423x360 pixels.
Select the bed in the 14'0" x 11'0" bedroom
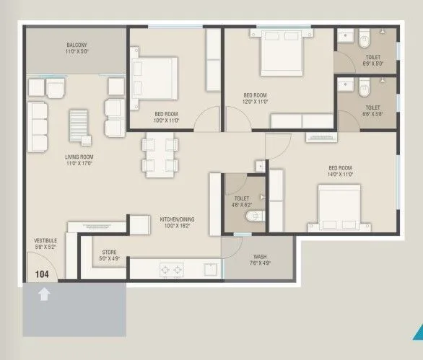339,207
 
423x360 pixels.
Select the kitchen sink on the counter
209,270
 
